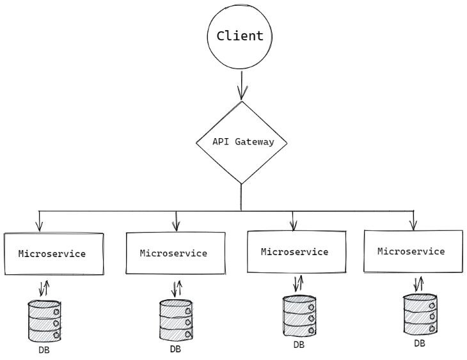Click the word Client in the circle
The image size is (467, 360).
tap(240, 36)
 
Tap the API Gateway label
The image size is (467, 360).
tap(243, 142)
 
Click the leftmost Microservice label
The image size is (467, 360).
tap(52, 254)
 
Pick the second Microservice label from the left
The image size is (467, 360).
tap(173, 253)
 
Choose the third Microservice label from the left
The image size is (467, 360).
tap(294, 251)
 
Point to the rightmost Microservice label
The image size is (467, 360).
tap(411, 251)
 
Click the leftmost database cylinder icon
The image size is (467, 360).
tap(44, 321)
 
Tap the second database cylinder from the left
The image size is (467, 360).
tap(176, 320)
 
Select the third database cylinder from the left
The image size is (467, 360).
tap(299, 316)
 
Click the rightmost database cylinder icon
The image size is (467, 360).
tap(420, 314)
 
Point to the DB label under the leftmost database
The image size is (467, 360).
tap(44, 350)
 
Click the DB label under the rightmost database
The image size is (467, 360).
tap(420, 343)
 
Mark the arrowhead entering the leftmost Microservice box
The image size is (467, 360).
tap(39, 226)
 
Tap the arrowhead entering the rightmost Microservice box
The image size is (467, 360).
tap(413, 225)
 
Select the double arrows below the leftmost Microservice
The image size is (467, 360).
tap(44, 288)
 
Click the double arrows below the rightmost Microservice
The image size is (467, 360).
tap(419, 285)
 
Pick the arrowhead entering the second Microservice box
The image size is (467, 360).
tap(177, 226)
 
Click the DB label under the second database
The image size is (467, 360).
tap(175, 349)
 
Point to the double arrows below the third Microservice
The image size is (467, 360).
tap(298, 283)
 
